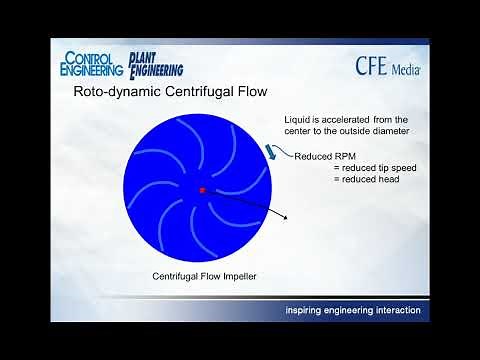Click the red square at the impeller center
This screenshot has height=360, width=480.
201,189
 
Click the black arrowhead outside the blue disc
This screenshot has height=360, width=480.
286,218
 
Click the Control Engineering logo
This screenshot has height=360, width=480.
92,64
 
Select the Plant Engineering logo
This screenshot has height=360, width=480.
156,63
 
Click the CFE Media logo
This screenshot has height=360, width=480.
388,66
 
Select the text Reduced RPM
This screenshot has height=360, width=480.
320,156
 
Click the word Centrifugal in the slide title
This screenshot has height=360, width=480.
189,93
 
